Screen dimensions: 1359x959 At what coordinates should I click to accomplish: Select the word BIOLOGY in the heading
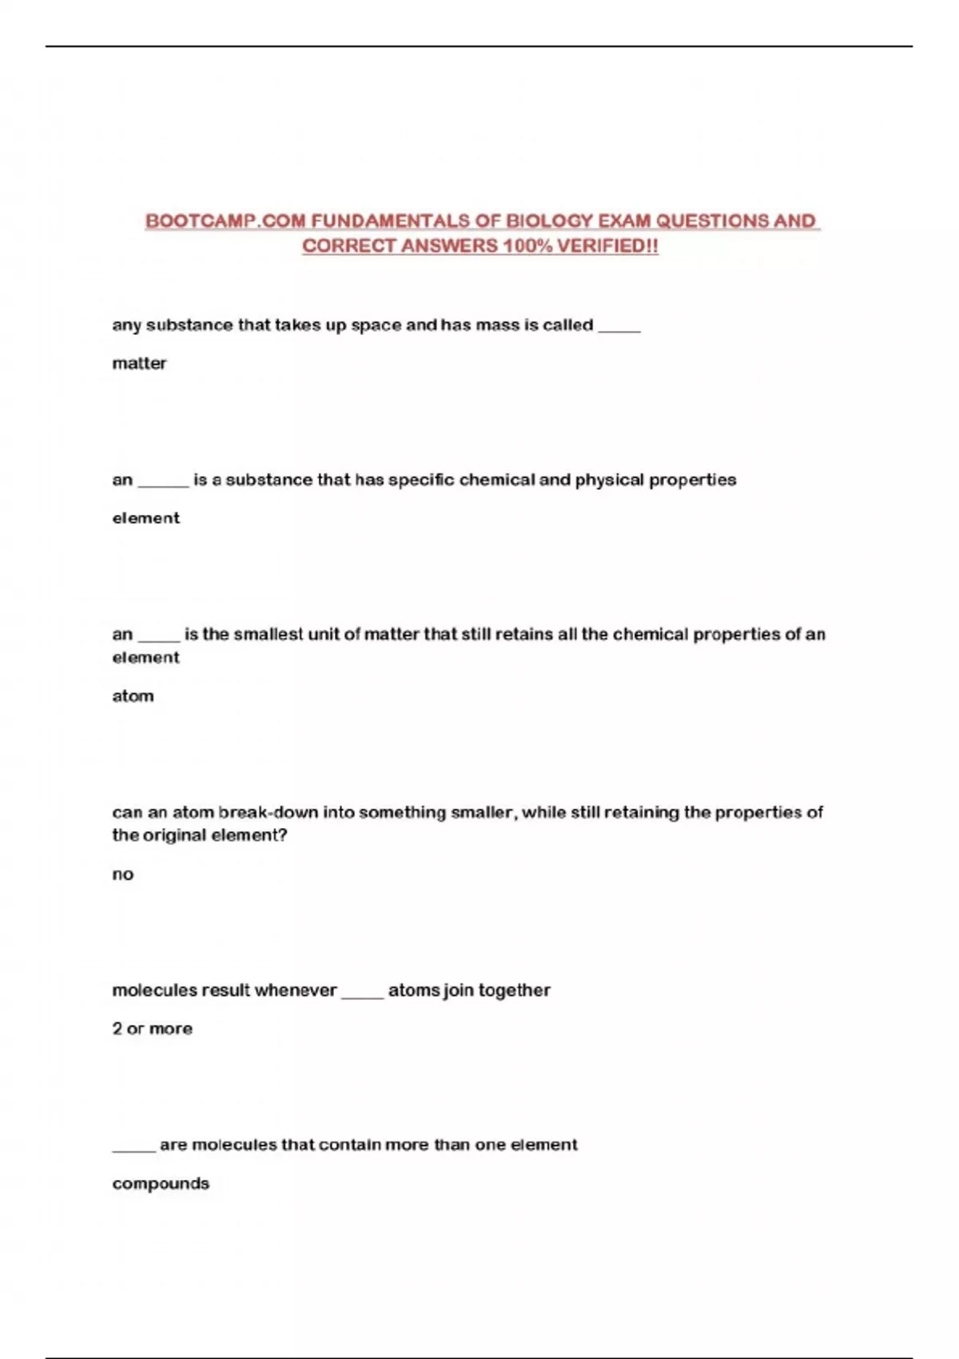[x=549, y=221]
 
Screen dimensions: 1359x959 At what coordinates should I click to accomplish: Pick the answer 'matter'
[x=139, y=364]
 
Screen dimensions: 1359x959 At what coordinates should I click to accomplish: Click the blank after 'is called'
[x=619, y=327]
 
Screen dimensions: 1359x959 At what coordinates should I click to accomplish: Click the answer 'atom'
[x=133, y=696]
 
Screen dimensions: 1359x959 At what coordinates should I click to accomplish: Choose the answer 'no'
[x=122, y=875]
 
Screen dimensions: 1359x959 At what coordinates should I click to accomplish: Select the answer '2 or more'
[x=152, y=1029]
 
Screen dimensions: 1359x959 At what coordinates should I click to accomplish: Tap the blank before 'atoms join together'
[x=362, y=992]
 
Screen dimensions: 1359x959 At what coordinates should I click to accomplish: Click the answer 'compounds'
[x=161, y=1184]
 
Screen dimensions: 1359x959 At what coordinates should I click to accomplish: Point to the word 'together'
[x=515, y=991]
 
